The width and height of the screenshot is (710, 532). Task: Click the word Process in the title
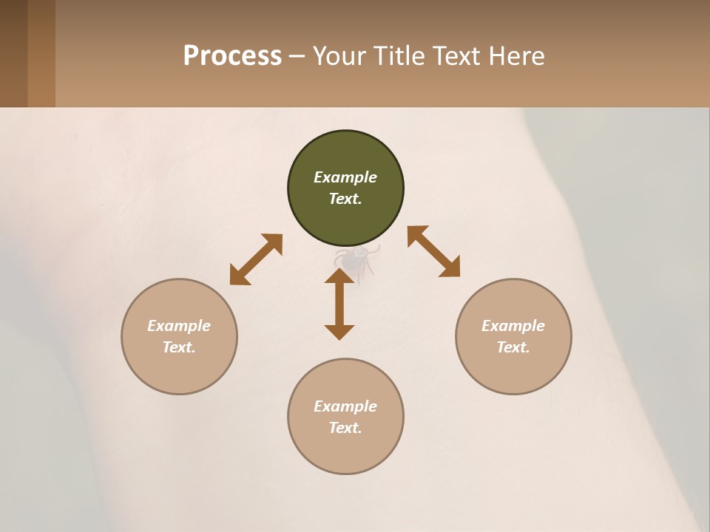[232, 56]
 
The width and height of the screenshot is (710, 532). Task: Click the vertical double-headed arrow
[339, 304]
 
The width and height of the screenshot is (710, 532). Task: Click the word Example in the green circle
[345, 177]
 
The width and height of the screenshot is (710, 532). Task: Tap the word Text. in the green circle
[345, 199]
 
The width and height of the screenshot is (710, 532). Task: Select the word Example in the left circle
[179, 326]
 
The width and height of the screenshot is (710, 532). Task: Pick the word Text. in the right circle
[513, 347]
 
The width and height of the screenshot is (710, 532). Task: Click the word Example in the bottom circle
[345, 406]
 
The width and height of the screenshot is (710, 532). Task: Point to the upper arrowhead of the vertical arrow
[339, 276]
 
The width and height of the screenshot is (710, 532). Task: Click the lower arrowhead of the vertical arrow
[339, 332]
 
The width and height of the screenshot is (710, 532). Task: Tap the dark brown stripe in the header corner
[13, 53]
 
